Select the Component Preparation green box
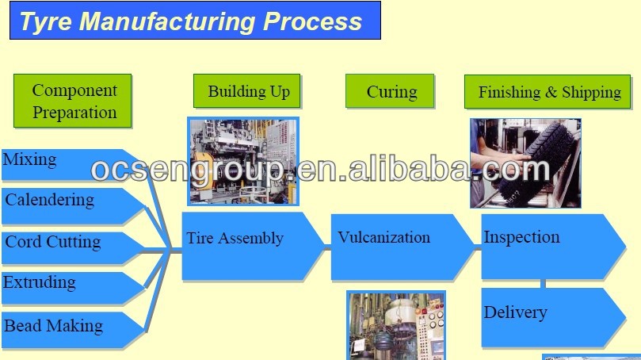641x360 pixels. (x=73, y=101)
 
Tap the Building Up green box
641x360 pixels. (x=248, y=91)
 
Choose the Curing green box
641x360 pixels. (x=391, y=92)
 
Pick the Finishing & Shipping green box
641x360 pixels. (x=548, y=92)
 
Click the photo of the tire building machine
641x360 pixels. (x=243, y=160)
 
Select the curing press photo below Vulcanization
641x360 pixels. (x=395, y=325)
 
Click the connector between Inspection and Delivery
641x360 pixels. (x=543, y=283)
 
